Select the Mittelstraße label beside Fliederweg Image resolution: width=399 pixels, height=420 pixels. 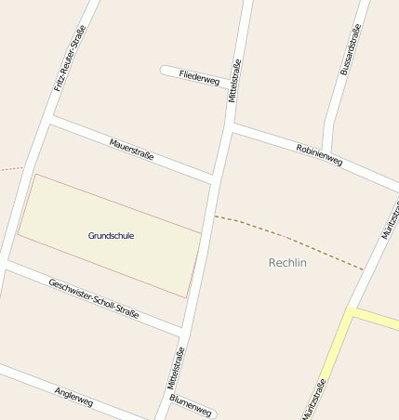point(235,81)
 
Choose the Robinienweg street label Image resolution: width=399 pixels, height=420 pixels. point(319,155)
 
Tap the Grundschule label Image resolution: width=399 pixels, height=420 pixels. point(111,236)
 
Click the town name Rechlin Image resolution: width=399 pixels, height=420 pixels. point(287,263)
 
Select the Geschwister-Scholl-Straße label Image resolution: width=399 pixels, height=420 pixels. point(93,298)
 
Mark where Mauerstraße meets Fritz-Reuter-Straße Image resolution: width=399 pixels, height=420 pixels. point(48,121)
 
